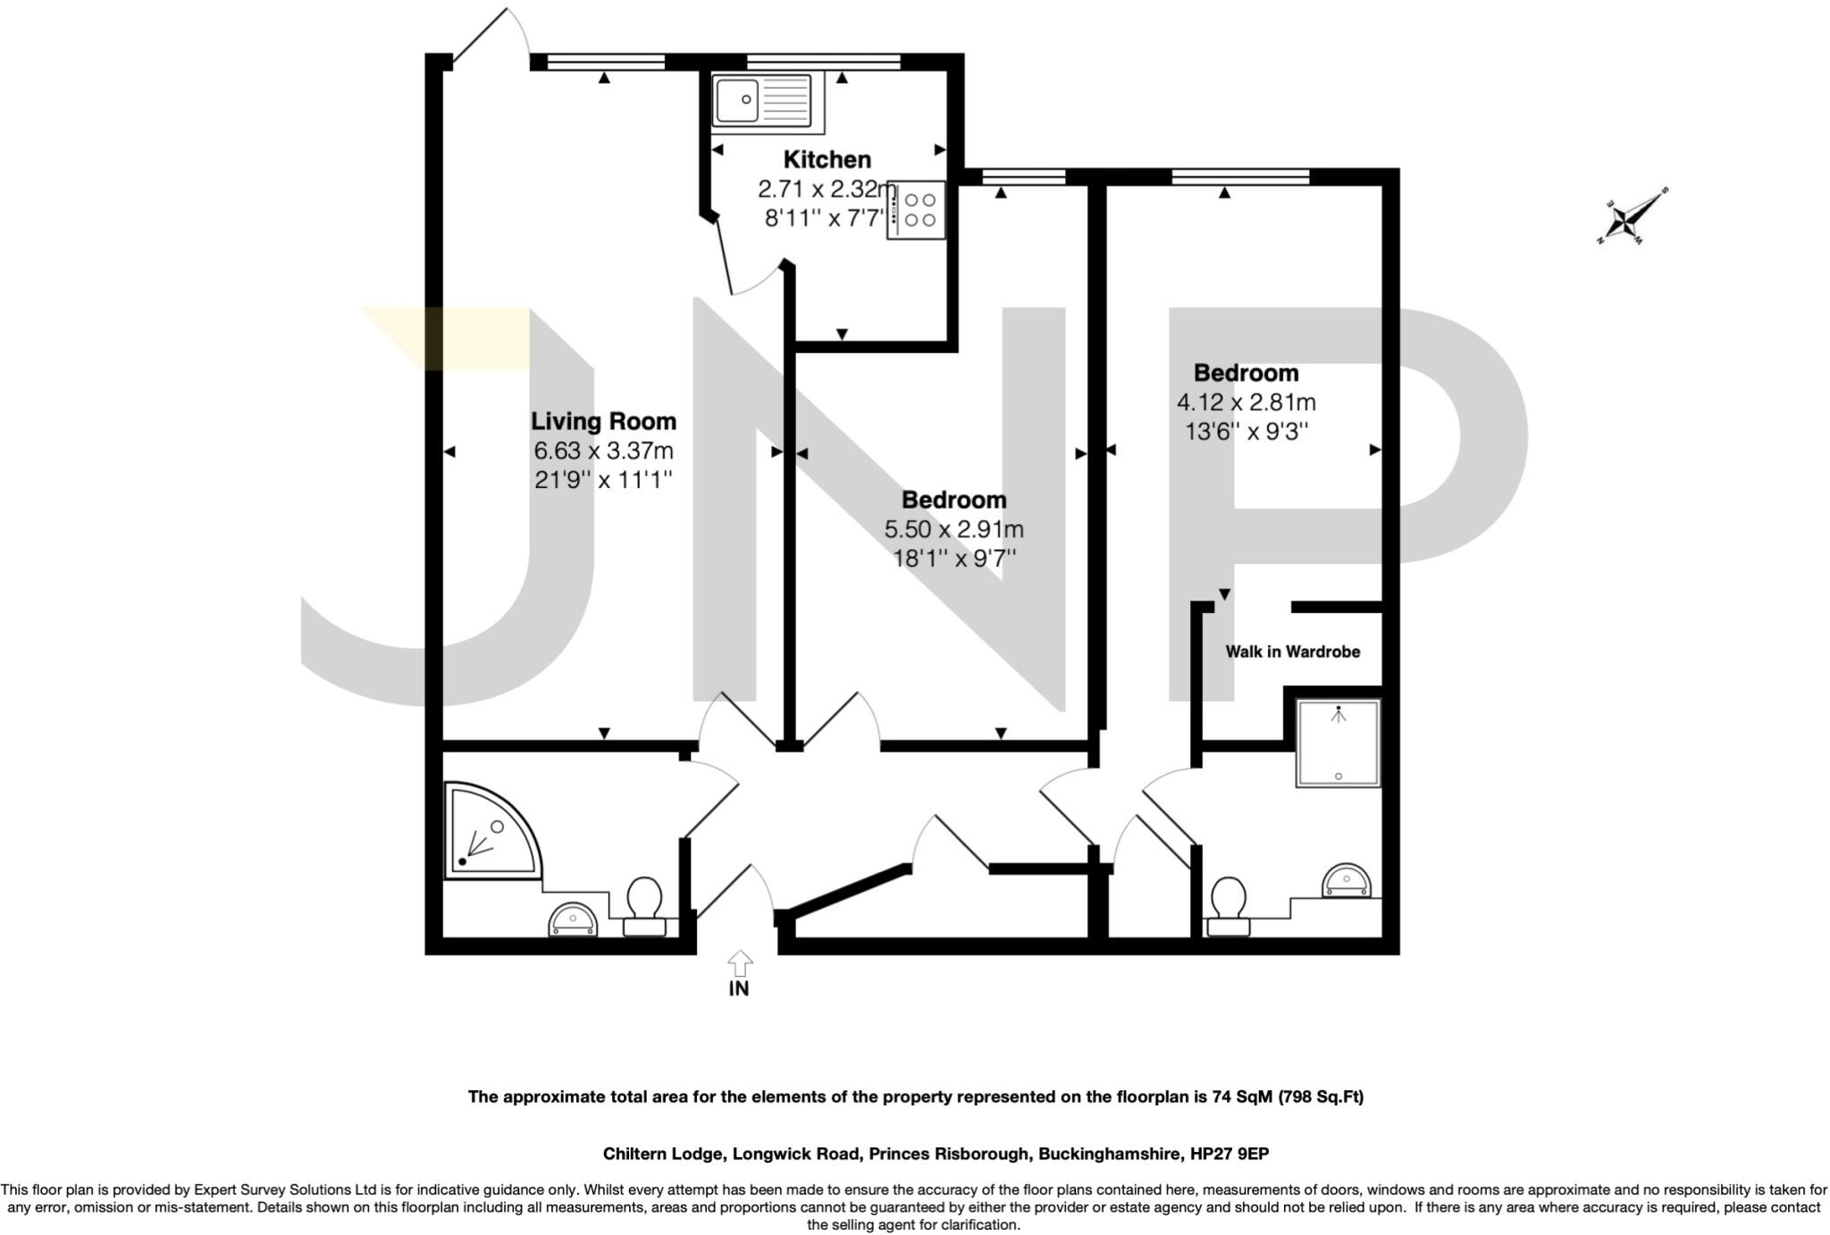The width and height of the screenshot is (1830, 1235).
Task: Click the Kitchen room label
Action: (x=827, y=160)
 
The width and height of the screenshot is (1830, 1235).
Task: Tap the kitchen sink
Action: (x=760, y=99)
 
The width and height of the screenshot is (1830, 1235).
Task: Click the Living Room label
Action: (x=603, y=421)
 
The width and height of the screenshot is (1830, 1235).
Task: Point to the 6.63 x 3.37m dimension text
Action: (x=603, y=450)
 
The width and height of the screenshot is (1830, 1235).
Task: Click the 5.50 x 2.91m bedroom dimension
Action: (x=953, y=529)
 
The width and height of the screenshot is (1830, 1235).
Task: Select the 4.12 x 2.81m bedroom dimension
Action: (x=1246, y=402)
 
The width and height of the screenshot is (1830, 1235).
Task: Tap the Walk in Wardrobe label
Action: (x=1292, y=651)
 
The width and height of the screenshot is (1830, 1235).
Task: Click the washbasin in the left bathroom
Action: (x=573, y=920)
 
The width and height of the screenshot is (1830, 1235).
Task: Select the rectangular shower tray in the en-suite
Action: (x=1338, y=743)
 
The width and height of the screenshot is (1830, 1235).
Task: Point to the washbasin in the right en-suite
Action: (x=1346, y=880)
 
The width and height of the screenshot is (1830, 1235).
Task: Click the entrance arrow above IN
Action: (x=739, y=962)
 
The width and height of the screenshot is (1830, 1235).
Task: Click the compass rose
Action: (x=1633, y=215)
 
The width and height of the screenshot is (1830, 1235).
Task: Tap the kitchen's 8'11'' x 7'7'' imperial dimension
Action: (x=824, y=218)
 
